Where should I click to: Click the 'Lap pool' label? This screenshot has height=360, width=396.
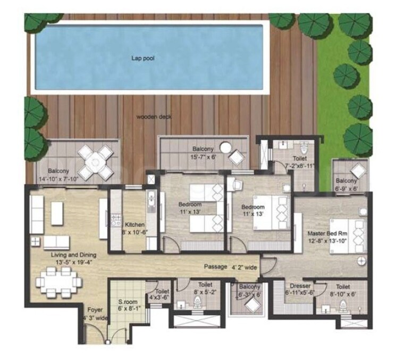[144, 58]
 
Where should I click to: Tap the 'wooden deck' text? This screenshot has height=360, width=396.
[154, 116]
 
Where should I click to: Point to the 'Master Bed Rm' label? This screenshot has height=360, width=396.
[327, 234]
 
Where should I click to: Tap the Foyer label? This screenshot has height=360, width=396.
[94, 308]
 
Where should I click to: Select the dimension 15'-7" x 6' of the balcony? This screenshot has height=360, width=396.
[204, 158]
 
